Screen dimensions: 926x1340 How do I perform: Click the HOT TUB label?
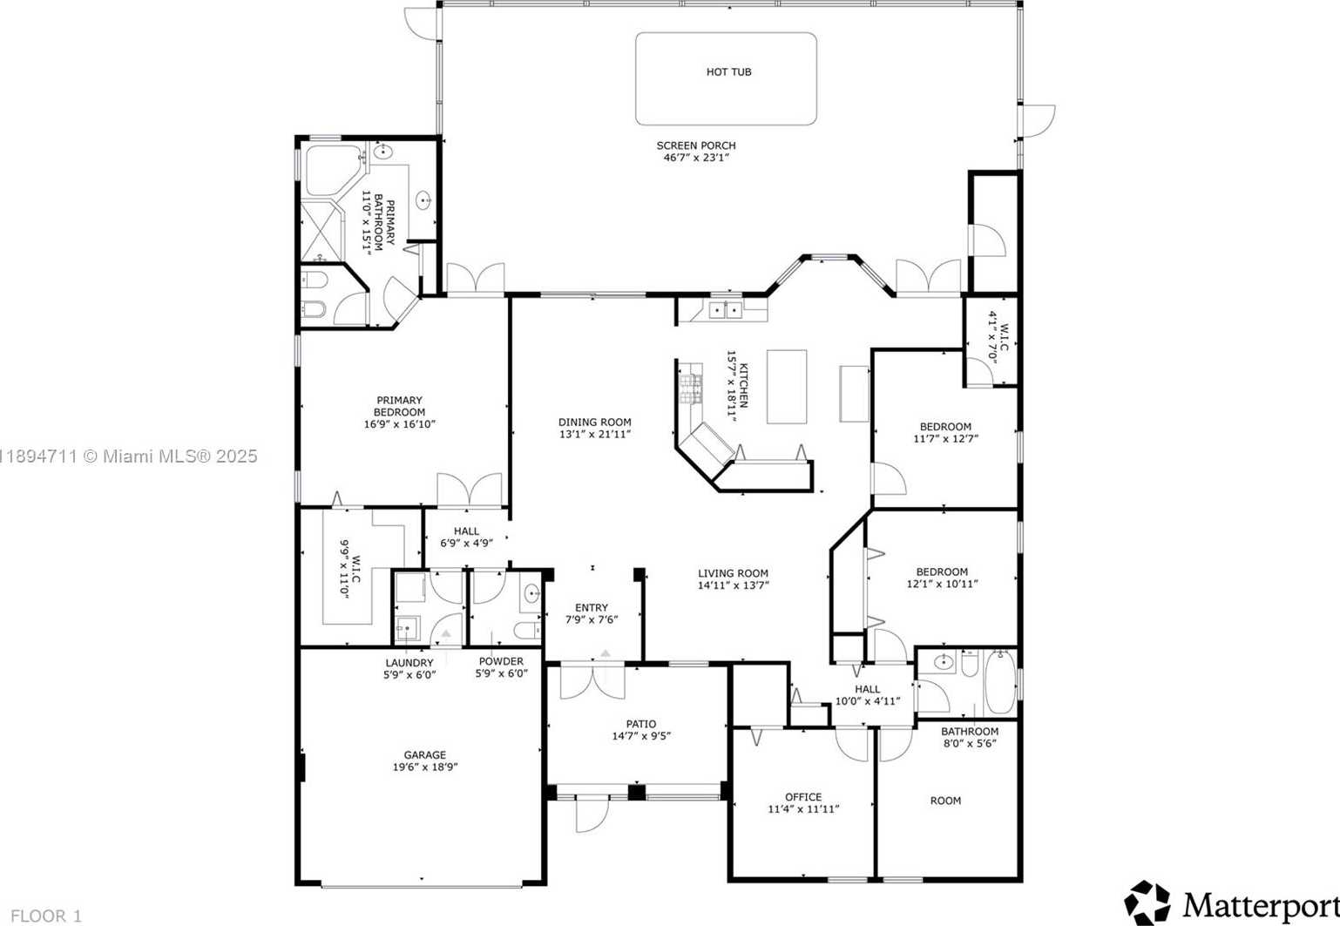click(x=728, y=72)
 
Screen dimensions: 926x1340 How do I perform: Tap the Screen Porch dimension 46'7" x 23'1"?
click(x=695, y=159)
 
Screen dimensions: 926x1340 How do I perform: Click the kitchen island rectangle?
click(x=786, y=387)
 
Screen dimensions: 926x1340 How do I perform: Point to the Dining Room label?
click(x=594, y=422)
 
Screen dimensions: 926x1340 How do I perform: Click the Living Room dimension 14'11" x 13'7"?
click(x=733, y=585)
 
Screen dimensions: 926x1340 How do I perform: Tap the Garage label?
click(x=424, y=755)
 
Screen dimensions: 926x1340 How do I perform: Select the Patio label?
click(x=640, y=724)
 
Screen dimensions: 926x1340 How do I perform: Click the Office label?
click(x=802, y=797)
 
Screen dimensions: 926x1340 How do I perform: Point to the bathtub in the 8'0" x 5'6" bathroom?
click(x=999, y=682)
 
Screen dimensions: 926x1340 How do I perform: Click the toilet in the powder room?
click(x=526, y=629)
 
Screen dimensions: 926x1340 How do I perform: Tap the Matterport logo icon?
click(x=1147, y=902)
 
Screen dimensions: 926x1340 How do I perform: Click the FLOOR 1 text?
click(x=46, y=916)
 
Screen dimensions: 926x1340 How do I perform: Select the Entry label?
click(x=592, y=608)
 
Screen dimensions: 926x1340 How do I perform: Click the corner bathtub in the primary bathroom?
click(x=331, y=171)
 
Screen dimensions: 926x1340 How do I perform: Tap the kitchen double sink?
click(x=724, y=309)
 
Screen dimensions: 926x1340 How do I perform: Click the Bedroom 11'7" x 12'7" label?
click(x=945, y=427)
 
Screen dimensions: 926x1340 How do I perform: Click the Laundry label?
click(x=409, y=663)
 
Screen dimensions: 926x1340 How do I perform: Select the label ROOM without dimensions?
click(x=945, y=801)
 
